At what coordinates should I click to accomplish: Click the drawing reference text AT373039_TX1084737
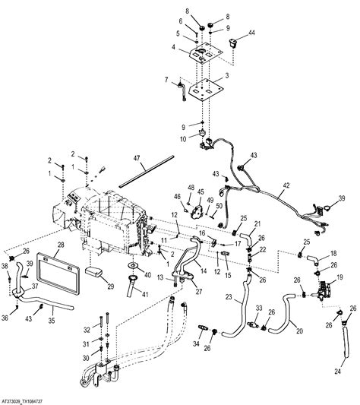pos(31,398)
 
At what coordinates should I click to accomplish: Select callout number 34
pos(197,345)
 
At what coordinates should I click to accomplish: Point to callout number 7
pos(166,80)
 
